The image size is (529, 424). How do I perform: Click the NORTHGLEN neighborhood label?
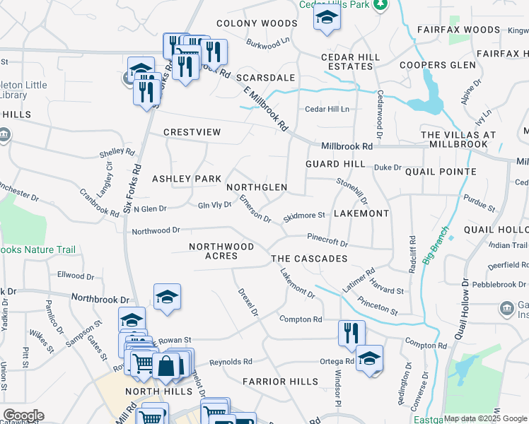point(257,187)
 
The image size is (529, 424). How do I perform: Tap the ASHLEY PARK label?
point(187,179)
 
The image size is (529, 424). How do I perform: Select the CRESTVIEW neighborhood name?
point(192,132)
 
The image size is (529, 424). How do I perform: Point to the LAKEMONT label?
point(361,213)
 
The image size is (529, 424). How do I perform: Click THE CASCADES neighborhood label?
point(310,259)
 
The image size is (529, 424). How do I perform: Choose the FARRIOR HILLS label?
point(280,382)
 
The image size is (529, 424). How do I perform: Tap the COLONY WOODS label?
point(247,23)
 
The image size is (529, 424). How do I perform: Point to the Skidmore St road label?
point(303,216)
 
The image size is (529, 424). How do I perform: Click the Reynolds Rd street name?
point(231,362)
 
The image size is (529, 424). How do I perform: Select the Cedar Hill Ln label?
point(327,110)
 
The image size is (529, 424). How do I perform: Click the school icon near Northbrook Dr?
point(167,297)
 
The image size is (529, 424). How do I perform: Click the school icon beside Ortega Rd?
point(369,358)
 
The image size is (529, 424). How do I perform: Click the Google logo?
point(23,416)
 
